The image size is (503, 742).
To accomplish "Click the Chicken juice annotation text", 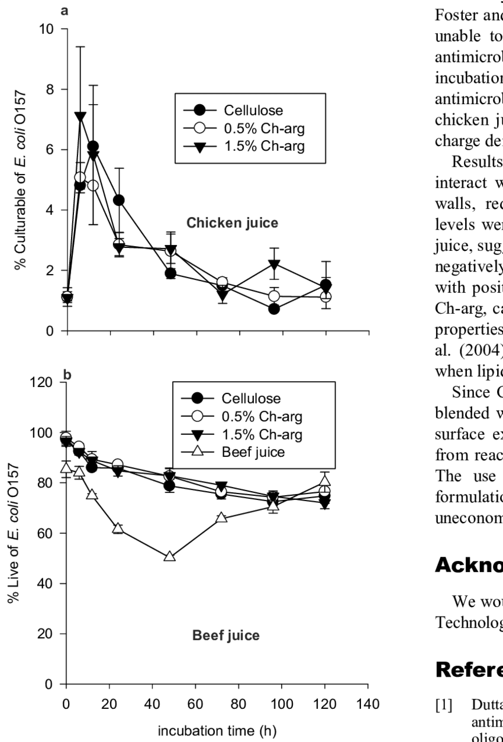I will [x=233, y=223].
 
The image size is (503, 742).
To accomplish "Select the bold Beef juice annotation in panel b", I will [x=226, y=637].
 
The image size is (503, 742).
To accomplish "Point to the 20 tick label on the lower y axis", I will [x=49, y=634].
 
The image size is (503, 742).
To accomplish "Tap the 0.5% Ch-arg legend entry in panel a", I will [x=264, y=128].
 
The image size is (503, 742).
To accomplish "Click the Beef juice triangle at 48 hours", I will [x=169, y=557].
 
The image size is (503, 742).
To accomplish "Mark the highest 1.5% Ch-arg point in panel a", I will [x=80, y=117].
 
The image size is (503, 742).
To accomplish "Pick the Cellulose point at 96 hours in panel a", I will [x=274, y=309].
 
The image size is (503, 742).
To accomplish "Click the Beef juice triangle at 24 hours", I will [x=118, y=528].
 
